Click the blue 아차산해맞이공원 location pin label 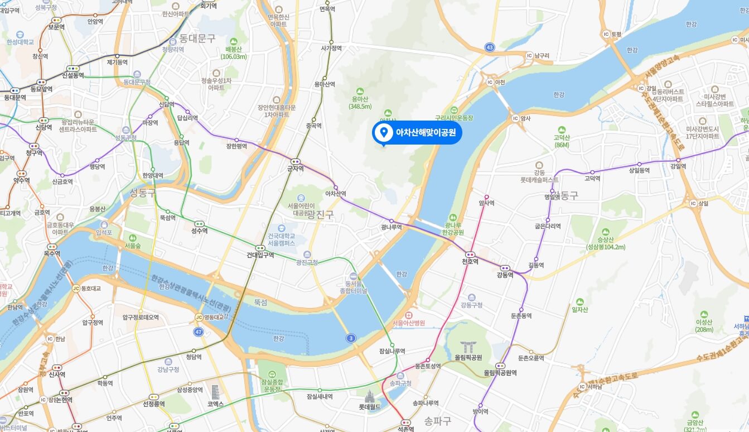[417, 133]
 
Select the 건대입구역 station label [260, 255]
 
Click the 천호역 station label [470, 261]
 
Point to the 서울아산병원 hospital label [408, 323]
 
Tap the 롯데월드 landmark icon [369, 397]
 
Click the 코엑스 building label [216, 403]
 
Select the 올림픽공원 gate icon [466, 347]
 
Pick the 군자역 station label [295, 167]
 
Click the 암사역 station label [486, 203]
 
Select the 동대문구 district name [197, 39]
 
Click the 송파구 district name [437, 420]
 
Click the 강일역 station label [678, 166]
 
